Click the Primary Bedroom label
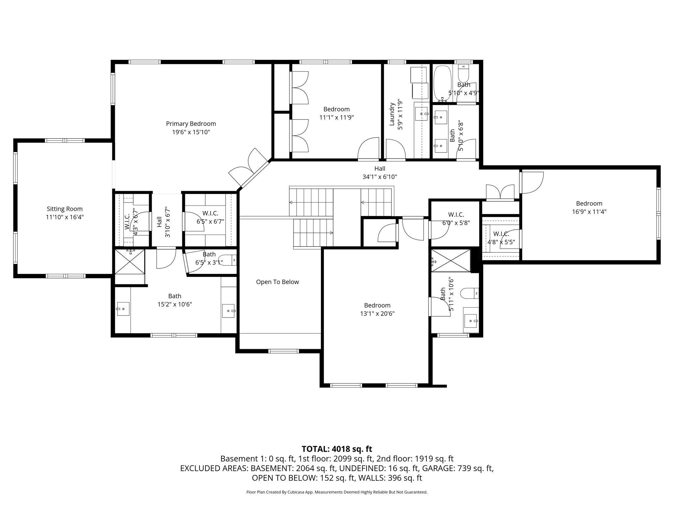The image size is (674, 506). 191,124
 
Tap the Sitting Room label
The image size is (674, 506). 65,209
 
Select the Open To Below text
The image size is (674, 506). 277,282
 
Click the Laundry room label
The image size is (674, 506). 392,114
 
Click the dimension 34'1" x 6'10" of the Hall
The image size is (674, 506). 379,177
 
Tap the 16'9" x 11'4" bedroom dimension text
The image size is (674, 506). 589,212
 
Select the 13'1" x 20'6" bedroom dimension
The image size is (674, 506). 377,314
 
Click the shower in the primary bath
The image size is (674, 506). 129,262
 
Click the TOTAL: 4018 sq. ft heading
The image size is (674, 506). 337,449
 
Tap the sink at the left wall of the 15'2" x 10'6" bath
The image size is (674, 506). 123,309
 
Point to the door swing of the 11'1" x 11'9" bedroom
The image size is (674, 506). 368,148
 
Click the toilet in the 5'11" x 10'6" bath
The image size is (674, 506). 469,293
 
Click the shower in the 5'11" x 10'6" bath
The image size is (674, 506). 451,261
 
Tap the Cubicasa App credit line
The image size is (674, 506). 337,492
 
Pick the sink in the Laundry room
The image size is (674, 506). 421,114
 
